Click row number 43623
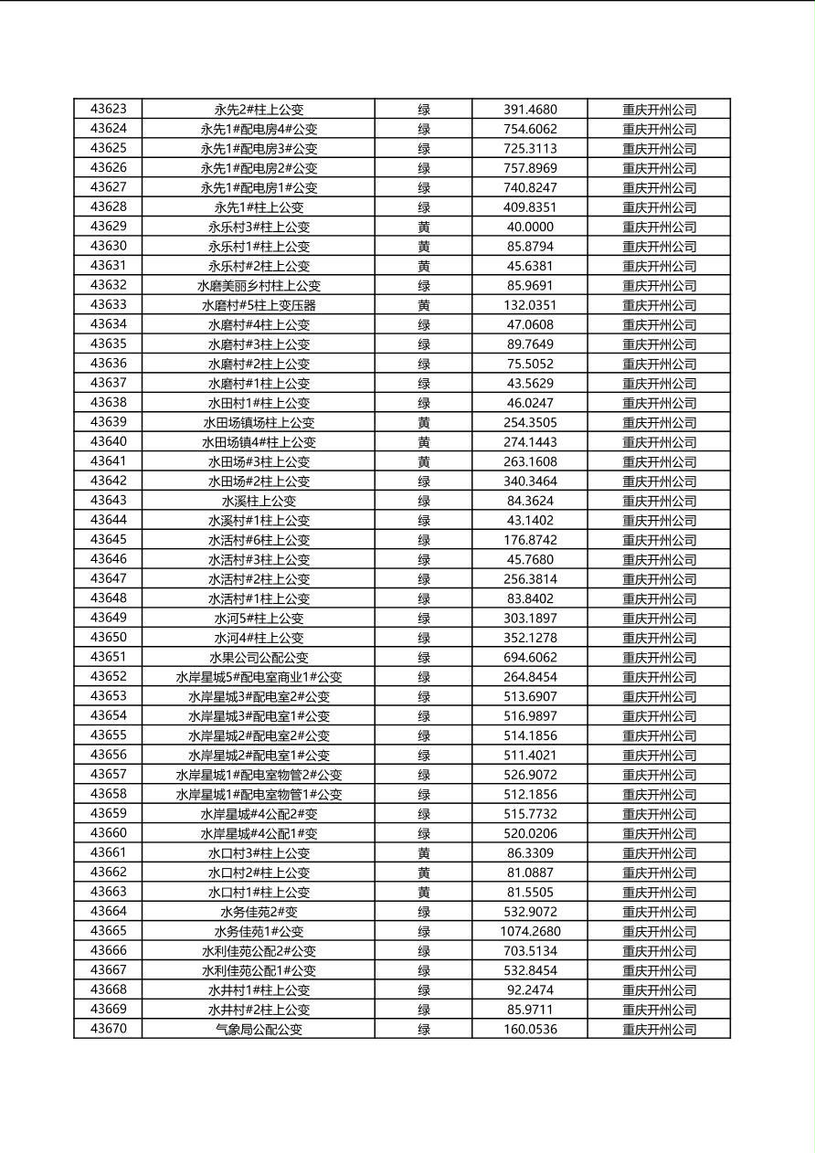108,110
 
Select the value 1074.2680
530,932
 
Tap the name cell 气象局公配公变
259,1030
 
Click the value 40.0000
530,227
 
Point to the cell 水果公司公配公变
259,658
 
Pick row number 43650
108,638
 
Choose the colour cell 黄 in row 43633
424,305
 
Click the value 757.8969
530,168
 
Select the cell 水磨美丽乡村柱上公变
259,286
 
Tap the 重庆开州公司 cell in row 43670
659,1030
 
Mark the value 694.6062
530,658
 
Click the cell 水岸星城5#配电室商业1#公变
259,677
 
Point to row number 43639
108,422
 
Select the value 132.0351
530,305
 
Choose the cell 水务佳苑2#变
259,912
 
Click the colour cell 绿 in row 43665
424,932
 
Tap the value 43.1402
530,521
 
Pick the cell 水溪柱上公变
259,501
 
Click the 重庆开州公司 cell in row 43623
659,110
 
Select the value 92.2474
530,990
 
